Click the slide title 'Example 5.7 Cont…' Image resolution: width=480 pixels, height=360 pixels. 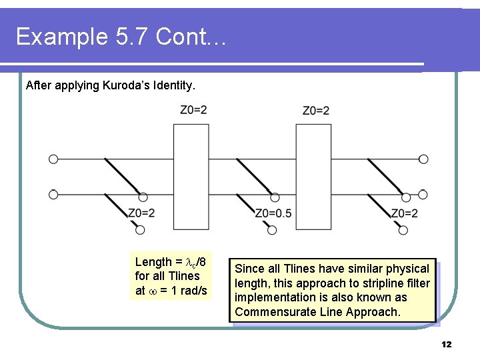pyautogui.click(x=121, y=37)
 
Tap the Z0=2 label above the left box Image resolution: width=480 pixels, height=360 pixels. pyautogui.click(x=193, y=110)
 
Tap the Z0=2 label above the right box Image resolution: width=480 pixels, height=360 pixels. pyautogui.click(x=316, y=110)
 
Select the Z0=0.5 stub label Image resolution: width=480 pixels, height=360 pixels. pyautogui.click(x=273, y=213)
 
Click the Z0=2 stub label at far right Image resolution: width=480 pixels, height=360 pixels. pyautogui.click(x=404, y=213)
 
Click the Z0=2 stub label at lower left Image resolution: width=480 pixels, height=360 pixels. pyautogui.click(x=141, y=213)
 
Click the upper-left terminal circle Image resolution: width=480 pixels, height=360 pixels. pyautogui.click(x=53, y=159)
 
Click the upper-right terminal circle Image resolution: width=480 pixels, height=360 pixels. pyautogui.click(x=423, y=159)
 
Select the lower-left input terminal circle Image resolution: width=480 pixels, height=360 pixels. pyautogui.click(x=53, y=195)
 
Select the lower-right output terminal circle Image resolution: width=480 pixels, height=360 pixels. pyautogui.click(x=423, y=195)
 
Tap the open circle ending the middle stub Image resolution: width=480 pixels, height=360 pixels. pyautogui.click(x=272, y=230)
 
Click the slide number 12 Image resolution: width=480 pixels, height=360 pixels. pyautogui.click(x=446, y=345)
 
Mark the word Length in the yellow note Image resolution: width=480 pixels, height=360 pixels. pyautogui.click(x=153, y=262)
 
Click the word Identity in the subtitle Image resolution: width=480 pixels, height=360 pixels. pyautogui.click(x=175, y=85)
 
